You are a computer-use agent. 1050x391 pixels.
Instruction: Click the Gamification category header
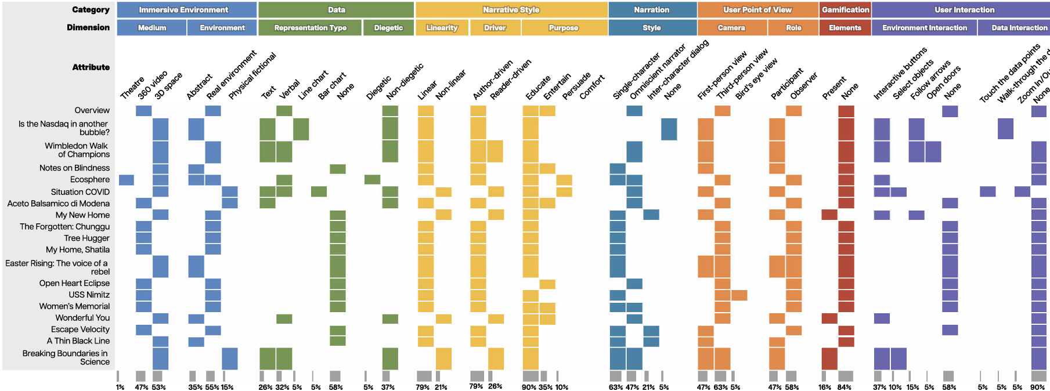tap(845, 10)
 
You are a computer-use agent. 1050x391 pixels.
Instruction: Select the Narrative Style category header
tap(511, 10)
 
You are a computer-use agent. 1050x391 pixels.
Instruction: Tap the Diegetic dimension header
tap(388, 28)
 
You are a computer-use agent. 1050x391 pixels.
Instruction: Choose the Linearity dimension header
tap(442, 28)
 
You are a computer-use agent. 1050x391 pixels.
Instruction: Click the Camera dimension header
tap(731, 28)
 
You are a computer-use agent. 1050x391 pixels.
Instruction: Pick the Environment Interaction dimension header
tap(924, 28)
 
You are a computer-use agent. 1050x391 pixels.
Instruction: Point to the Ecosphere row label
tap(89, 180)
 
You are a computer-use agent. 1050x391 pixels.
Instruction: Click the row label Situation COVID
tap(80, 192)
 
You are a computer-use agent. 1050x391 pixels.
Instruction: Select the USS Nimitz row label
tap(89, 295)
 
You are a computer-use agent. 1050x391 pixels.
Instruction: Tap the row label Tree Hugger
tap(86, 238)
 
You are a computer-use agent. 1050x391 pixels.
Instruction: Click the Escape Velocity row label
tap(80, 330)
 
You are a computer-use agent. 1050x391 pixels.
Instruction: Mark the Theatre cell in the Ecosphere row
tap(126, 180)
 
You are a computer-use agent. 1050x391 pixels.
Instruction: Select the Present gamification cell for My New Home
tap(829, 215)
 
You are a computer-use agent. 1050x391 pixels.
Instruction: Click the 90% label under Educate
tap(529, 387)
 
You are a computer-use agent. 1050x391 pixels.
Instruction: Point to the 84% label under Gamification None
tap(845, 387)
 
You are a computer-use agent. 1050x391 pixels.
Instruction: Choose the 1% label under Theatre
tap(120, 387)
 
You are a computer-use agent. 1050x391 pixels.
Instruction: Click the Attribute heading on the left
tap(91, 67)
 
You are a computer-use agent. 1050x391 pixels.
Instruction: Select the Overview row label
tap(92, 110)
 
